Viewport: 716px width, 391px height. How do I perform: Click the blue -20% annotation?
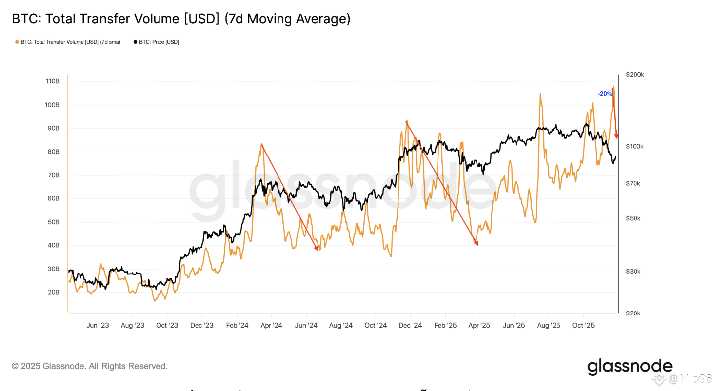pos(604,94)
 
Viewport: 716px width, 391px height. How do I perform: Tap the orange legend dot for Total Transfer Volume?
pos(17,42)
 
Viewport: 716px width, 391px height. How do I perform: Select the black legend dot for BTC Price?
pos(135,42)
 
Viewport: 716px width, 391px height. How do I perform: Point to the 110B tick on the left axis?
pos(53,81)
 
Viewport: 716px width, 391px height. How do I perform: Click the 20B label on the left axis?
pos(53,292)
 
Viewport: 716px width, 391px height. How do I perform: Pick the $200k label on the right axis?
pos(635,75)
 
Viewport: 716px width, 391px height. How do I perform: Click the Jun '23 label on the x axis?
pos(98,326)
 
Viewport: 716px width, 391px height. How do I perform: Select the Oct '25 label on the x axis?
pos(583,326)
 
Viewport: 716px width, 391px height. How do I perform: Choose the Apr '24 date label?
pos(271,326)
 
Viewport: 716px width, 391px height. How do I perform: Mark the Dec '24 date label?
pos(410,326)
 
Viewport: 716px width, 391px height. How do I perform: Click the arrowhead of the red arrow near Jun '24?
pos(317,249)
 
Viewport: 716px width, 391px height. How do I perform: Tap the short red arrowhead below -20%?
pos(616,136)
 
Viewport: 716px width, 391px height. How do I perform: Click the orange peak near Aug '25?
pos(540,94)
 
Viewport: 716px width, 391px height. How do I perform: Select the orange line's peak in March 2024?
pos(261,144)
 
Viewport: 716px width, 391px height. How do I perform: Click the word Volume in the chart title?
pos(157,19)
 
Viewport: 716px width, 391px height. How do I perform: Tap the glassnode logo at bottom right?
pos(629,367)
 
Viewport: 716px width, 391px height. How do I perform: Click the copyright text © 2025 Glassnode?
pos(90,366)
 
